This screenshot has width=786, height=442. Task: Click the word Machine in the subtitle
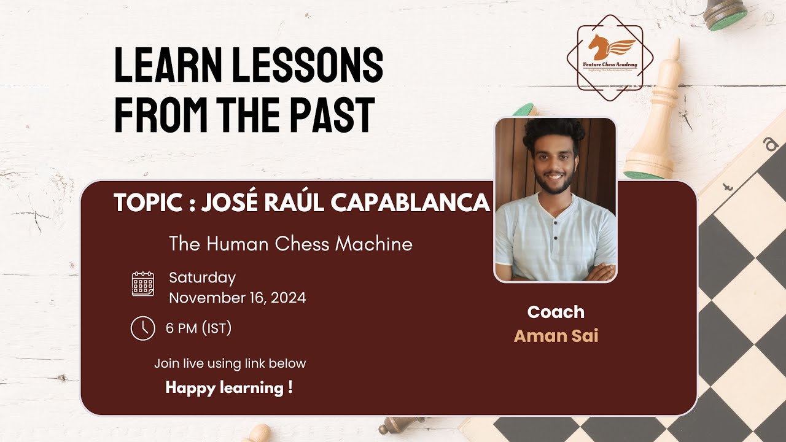pos(374,244)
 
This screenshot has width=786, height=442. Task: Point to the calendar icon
pos(143,284)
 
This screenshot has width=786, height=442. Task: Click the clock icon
pos(143,328)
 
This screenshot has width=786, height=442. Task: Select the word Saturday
pos(202,277)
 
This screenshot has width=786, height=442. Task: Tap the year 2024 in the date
pos(287,298)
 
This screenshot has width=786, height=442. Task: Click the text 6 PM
pos(181,328)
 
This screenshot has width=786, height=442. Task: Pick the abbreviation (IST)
pos(217,328)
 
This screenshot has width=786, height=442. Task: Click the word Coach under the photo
pos(556,312)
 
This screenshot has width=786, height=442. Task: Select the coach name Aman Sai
pos(556,336)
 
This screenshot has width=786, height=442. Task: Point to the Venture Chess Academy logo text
pos(610,64)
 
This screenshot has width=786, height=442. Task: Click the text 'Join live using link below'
pos(230,363)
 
